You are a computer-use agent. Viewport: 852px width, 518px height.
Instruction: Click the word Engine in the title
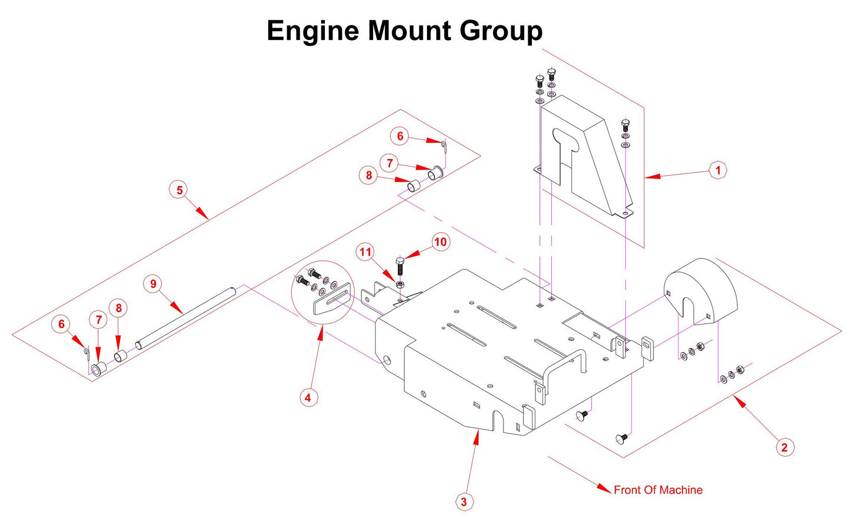coord(313,31)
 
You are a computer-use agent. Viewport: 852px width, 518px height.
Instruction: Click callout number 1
coord(718,171)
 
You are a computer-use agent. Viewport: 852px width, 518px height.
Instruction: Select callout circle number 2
coord(784,447)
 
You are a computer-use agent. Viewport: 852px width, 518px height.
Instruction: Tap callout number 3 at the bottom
coord(464,501)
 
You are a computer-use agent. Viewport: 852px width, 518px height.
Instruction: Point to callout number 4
coord(307,398)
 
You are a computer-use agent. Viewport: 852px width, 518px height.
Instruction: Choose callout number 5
coord(180,190)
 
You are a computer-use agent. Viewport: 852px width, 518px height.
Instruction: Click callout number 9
coord(153,284)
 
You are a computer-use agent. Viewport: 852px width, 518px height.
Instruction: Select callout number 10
coord(440,242)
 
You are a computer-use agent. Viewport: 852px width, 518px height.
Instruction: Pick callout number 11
coord(366,253)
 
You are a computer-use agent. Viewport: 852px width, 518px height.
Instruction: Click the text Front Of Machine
coord(657,490)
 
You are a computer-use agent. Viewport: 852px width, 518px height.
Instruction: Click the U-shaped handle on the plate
coord(563,366)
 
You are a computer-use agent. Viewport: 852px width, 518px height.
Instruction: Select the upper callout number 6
coord(400,136)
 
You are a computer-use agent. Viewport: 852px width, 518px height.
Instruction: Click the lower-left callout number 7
coord(98,320)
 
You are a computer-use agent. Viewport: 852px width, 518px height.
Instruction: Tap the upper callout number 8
coord(369,175)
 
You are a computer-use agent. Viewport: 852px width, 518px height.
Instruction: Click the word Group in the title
coord(501,31)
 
